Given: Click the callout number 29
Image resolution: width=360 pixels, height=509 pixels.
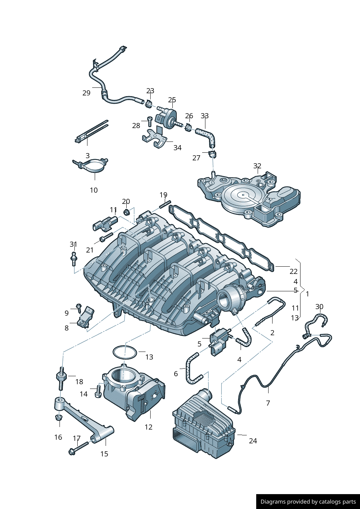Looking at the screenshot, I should [x=86, y=93].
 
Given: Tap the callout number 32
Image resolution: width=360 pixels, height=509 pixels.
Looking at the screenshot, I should [x=257, y=166].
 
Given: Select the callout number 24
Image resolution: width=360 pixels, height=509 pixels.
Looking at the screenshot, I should [x=253, y=441].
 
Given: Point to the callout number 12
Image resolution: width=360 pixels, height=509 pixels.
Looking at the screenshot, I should [x=148, y=427].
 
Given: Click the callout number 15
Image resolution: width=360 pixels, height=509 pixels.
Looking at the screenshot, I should [x=104, y=454].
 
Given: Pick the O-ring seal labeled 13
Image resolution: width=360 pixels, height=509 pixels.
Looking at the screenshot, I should [x=124, y=352].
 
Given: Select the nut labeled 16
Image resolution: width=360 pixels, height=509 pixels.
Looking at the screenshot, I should [x=58, y=418].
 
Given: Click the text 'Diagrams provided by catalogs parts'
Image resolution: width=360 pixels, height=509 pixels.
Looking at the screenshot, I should [x=308, y=502].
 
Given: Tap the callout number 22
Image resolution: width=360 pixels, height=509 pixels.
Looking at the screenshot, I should [x=294, y=271].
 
